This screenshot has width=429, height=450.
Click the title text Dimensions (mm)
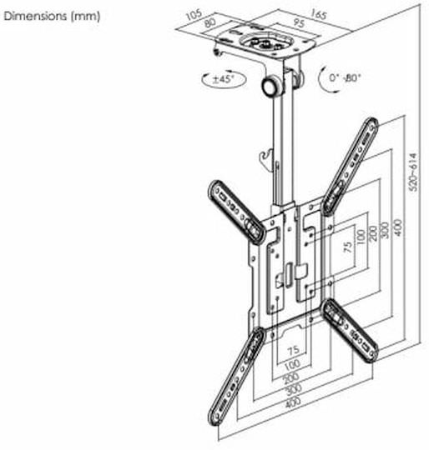pyautogui.click(x=52, y=16)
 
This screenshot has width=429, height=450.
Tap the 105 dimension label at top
pyautogui.click(x=194, y=15)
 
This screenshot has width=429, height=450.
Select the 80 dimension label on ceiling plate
pyautogui.click(x=209, y=23)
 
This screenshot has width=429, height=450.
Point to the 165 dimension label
pyautogui.click(x=318, y=14)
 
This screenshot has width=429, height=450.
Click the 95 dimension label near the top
pyautogui.click(x=298, y=23)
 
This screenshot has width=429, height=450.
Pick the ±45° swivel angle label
pyautogui.click(x=224, y=78)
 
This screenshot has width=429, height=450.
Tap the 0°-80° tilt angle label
pyautogui.click(x=345, y=77)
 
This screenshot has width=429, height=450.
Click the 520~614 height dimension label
pyautogui.click(x=414, y=172)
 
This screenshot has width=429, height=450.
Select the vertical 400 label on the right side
pyautogui.click(x=398, y=227)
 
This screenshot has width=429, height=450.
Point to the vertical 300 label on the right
pyautogui.click(x=386, y=230)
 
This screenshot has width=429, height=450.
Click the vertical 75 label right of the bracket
pyautogui.click(x=348, y=247)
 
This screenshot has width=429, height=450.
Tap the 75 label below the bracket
pyautogui.click(x=293, y=350)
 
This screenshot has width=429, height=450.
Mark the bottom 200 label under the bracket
pyautogui.click(x=291, y=378)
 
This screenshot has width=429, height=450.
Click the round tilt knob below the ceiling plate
pyautogui.click(x=270, y=86)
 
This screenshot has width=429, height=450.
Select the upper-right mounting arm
pyautogui.click(x=351, y=166)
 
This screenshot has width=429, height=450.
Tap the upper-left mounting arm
pyautogui.click(x=236, y=212)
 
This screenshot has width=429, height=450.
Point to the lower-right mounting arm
pyautogui.click(x=350, y=331)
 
